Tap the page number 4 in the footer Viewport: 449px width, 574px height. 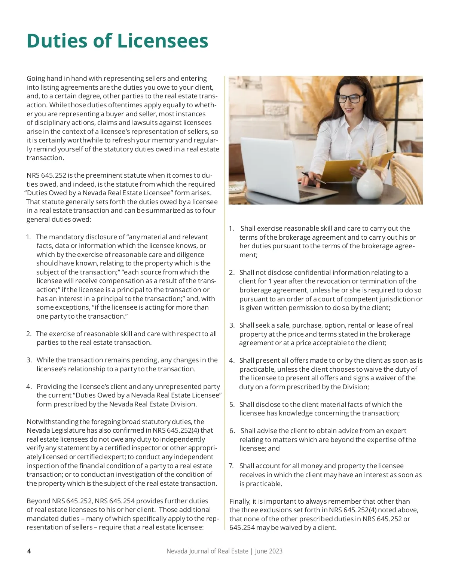pyautogui.click(x=29, y=551)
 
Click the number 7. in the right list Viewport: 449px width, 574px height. pyautogui.click(x=232, y=466)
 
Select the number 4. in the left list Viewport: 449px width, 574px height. pyautogui.click(x=29, y=387)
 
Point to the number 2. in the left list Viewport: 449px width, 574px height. pyautogui.click(x=29, y=334)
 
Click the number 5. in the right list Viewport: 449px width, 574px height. pyautogui.click(x=232, y=405)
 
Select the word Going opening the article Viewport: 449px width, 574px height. pyautogui.click(x=36, y=79)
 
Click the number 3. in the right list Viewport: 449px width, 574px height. pyautogui.click(x=232, y=325)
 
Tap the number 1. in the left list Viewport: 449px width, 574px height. pyautogui.click(x=28, y=237)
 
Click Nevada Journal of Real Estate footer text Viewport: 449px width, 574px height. pyautogui.click(x=207, y=551)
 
